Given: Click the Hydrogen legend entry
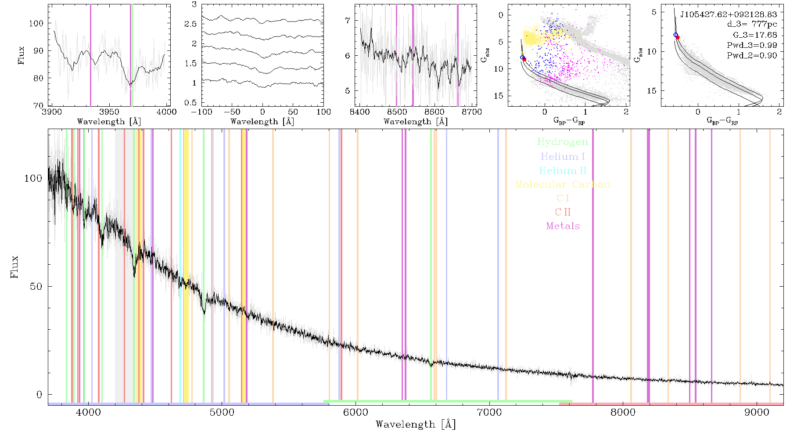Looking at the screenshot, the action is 563,142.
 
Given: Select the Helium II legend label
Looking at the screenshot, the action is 563,170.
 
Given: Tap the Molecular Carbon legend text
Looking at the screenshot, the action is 563,184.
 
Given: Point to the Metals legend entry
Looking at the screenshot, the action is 563,226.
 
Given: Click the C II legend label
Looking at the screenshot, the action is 563,212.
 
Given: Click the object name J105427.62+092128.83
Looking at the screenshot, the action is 729,14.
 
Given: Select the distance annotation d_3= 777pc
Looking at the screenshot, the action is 752,25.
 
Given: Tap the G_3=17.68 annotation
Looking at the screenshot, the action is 755,35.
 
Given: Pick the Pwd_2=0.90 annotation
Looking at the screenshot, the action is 752,56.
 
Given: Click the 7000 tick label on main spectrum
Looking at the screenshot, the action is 489,412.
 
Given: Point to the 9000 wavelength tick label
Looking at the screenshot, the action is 756,412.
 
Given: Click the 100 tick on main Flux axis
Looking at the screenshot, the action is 33,178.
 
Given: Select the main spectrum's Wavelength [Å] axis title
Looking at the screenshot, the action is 416,425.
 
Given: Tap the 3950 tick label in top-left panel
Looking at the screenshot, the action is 109,112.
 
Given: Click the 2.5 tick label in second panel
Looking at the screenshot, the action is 190,24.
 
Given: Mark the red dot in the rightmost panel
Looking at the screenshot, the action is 678,38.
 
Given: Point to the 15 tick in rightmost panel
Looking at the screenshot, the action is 652,91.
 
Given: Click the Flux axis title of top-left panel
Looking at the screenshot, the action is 21,55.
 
